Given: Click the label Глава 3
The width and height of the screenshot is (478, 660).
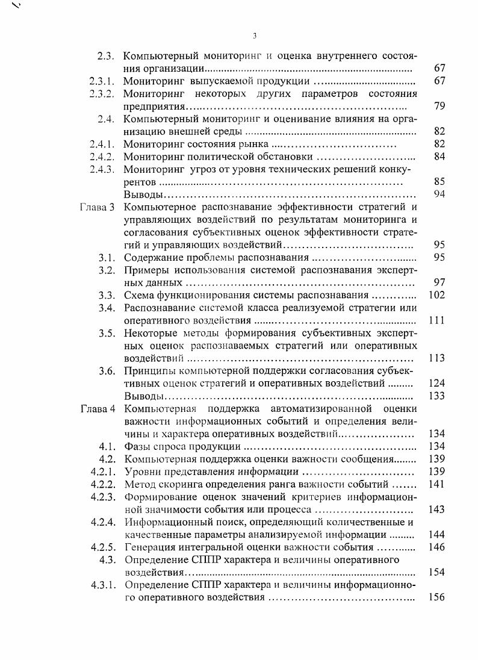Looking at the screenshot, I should pos(97,208).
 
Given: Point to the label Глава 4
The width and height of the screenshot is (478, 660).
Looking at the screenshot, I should pos(97,409).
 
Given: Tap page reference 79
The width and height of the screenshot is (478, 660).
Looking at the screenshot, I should pos(439,106).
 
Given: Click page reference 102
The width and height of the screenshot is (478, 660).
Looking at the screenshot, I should pos(436,295).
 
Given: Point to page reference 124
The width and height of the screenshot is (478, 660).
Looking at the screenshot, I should pos(436,383).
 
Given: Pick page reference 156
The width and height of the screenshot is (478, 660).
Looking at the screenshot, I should pos(436,597).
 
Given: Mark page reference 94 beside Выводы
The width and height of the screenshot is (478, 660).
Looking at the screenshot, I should pos(439,194).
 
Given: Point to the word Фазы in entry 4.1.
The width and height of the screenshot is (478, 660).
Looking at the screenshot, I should pos(137,446).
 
